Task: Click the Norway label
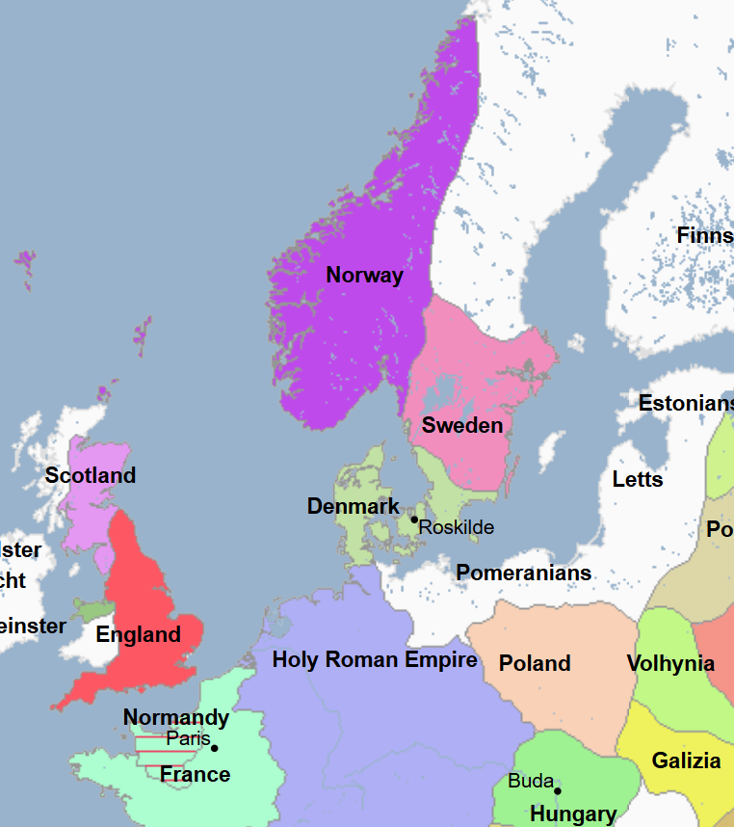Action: tap(364, 275)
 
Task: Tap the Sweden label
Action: tap(462, 425)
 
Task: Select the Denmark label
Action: tap(353, 506)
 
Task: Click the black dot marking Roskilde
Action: tap(414, 520)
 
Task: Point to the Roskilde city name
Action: tap(457, 527)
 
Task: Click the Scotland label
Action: tap(91, 475)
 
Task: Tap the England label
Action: tap(138, 634)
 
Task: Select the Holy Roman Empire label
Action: tap(375, 659)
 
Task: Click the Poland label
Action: tap(535, 663)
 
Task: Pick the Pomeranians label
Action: tap(523, 573)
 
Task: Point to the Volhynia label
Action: tap(670, 663)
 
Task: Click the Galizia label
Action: tap(686, 760)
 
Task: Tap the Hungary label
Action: tap(573, 814)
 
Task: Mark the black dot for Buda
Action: tap(557, 791)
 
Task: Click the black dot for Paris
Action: tap(214, 748)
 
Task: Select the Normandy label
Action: tap(176, 717)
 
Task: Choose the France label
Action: tap(195, 774)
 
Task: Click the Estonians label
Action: tap(686, 403)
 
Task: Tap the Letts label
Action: tap(638, 479)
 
